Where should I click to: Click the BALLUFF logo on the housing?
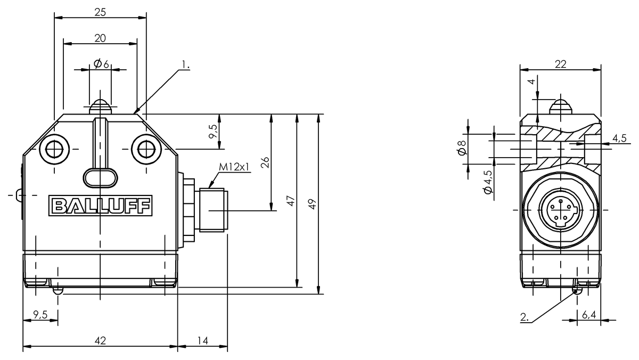(x=100, y=206)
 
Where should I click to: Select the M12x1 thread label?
(x=234, y=167)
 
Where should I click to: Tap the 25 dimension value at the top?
(x=100, y=12)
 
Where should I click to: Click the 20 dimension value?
(x=100, y=38)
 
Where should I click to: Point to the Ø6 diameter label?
(x=101, y=64)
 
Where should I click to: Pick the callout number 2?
(x=525, y=317)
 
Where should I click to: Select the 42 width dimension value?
(x=100, y=340)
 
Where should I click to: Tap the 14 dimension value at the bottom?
(x=202, y=340)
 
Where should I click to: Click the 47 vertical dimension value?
(x=290, y=201)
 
